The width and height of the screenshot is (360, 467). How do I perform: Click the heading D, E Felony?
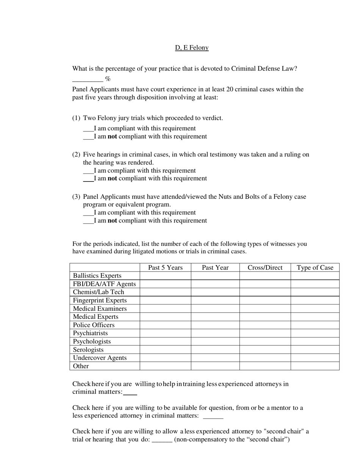tap(191, 48)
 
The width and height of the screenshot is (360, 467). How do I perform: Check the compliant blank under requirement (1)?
tap(88, 129)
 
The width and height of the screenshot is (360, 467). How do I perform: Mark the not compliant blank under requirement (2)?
tap(88, 179)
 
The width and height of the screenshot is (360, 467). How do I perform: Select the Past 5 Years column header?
tap(165, 268)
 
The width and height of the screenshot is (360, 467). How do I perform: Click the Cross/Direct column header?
tap(265, 268)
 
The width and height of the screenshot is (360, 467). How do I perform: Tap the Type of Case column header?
tap(315, 268)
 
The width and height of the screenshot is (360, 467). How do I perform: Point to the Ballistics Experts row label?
tap(97, 276)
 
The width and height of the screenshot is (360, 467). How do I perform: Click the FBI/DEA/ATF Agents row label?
tap(104, 284)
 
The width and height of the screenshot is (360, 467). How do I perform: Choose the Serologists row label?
tap(88, 350)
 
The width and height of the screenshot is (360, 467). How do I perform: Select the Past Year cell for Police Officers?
tap(215, 325)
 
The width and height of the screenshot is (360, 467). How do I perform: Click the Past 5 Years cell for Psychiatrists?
tap(165, 333)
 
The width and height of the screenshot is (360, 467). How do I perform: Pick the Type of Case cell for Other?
tap(315, 366)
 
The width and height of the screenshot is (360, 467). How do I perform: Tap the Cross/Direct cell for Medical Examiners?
tap(265, 309)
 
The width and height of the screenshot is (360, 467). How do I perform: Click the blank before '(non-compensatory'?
tap(162, 440)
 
